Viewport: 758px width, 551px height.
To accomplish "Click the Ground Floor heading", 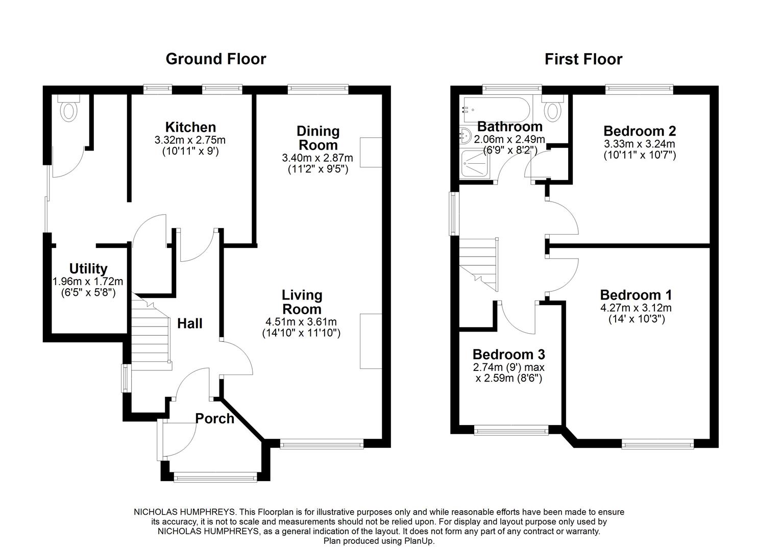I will [215, 59].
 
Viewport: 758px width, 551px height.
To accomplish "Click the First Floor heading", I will [583, 59].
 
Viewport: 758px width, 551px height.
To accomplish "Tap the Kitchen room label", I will [190, 127].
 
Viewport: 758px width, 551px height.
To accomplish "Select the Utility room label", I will [88, 268].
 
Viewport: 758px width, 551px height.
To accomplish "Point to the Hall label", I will [189, 323].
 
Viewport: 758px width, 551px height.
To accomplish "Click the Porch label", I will [214, 419].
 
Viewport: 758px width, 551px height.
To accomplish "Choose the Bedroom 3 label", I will [508, 354].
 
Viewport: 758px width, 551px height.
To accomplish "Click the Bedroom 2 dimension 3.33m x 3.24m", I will [639, 143].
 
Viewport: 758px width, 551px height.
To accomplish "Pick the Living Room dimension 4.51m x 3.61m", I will [301, 321].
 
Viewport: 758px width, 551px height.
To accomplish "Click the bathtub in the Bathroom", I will [495, 109].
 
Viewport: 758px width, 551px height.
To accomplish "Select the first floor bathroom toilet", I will [552, 108].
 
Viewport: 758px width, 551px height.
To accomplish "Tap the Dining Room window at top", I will [317, 89].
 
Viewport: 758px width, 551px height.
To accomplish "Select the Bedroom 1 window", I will [657, 445].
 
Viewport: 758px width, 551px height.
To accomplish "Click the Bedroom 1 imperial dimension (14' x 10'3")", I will [635, 319].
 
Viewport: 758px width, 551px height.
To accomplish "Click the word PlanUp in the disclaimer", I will [420, 541].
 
